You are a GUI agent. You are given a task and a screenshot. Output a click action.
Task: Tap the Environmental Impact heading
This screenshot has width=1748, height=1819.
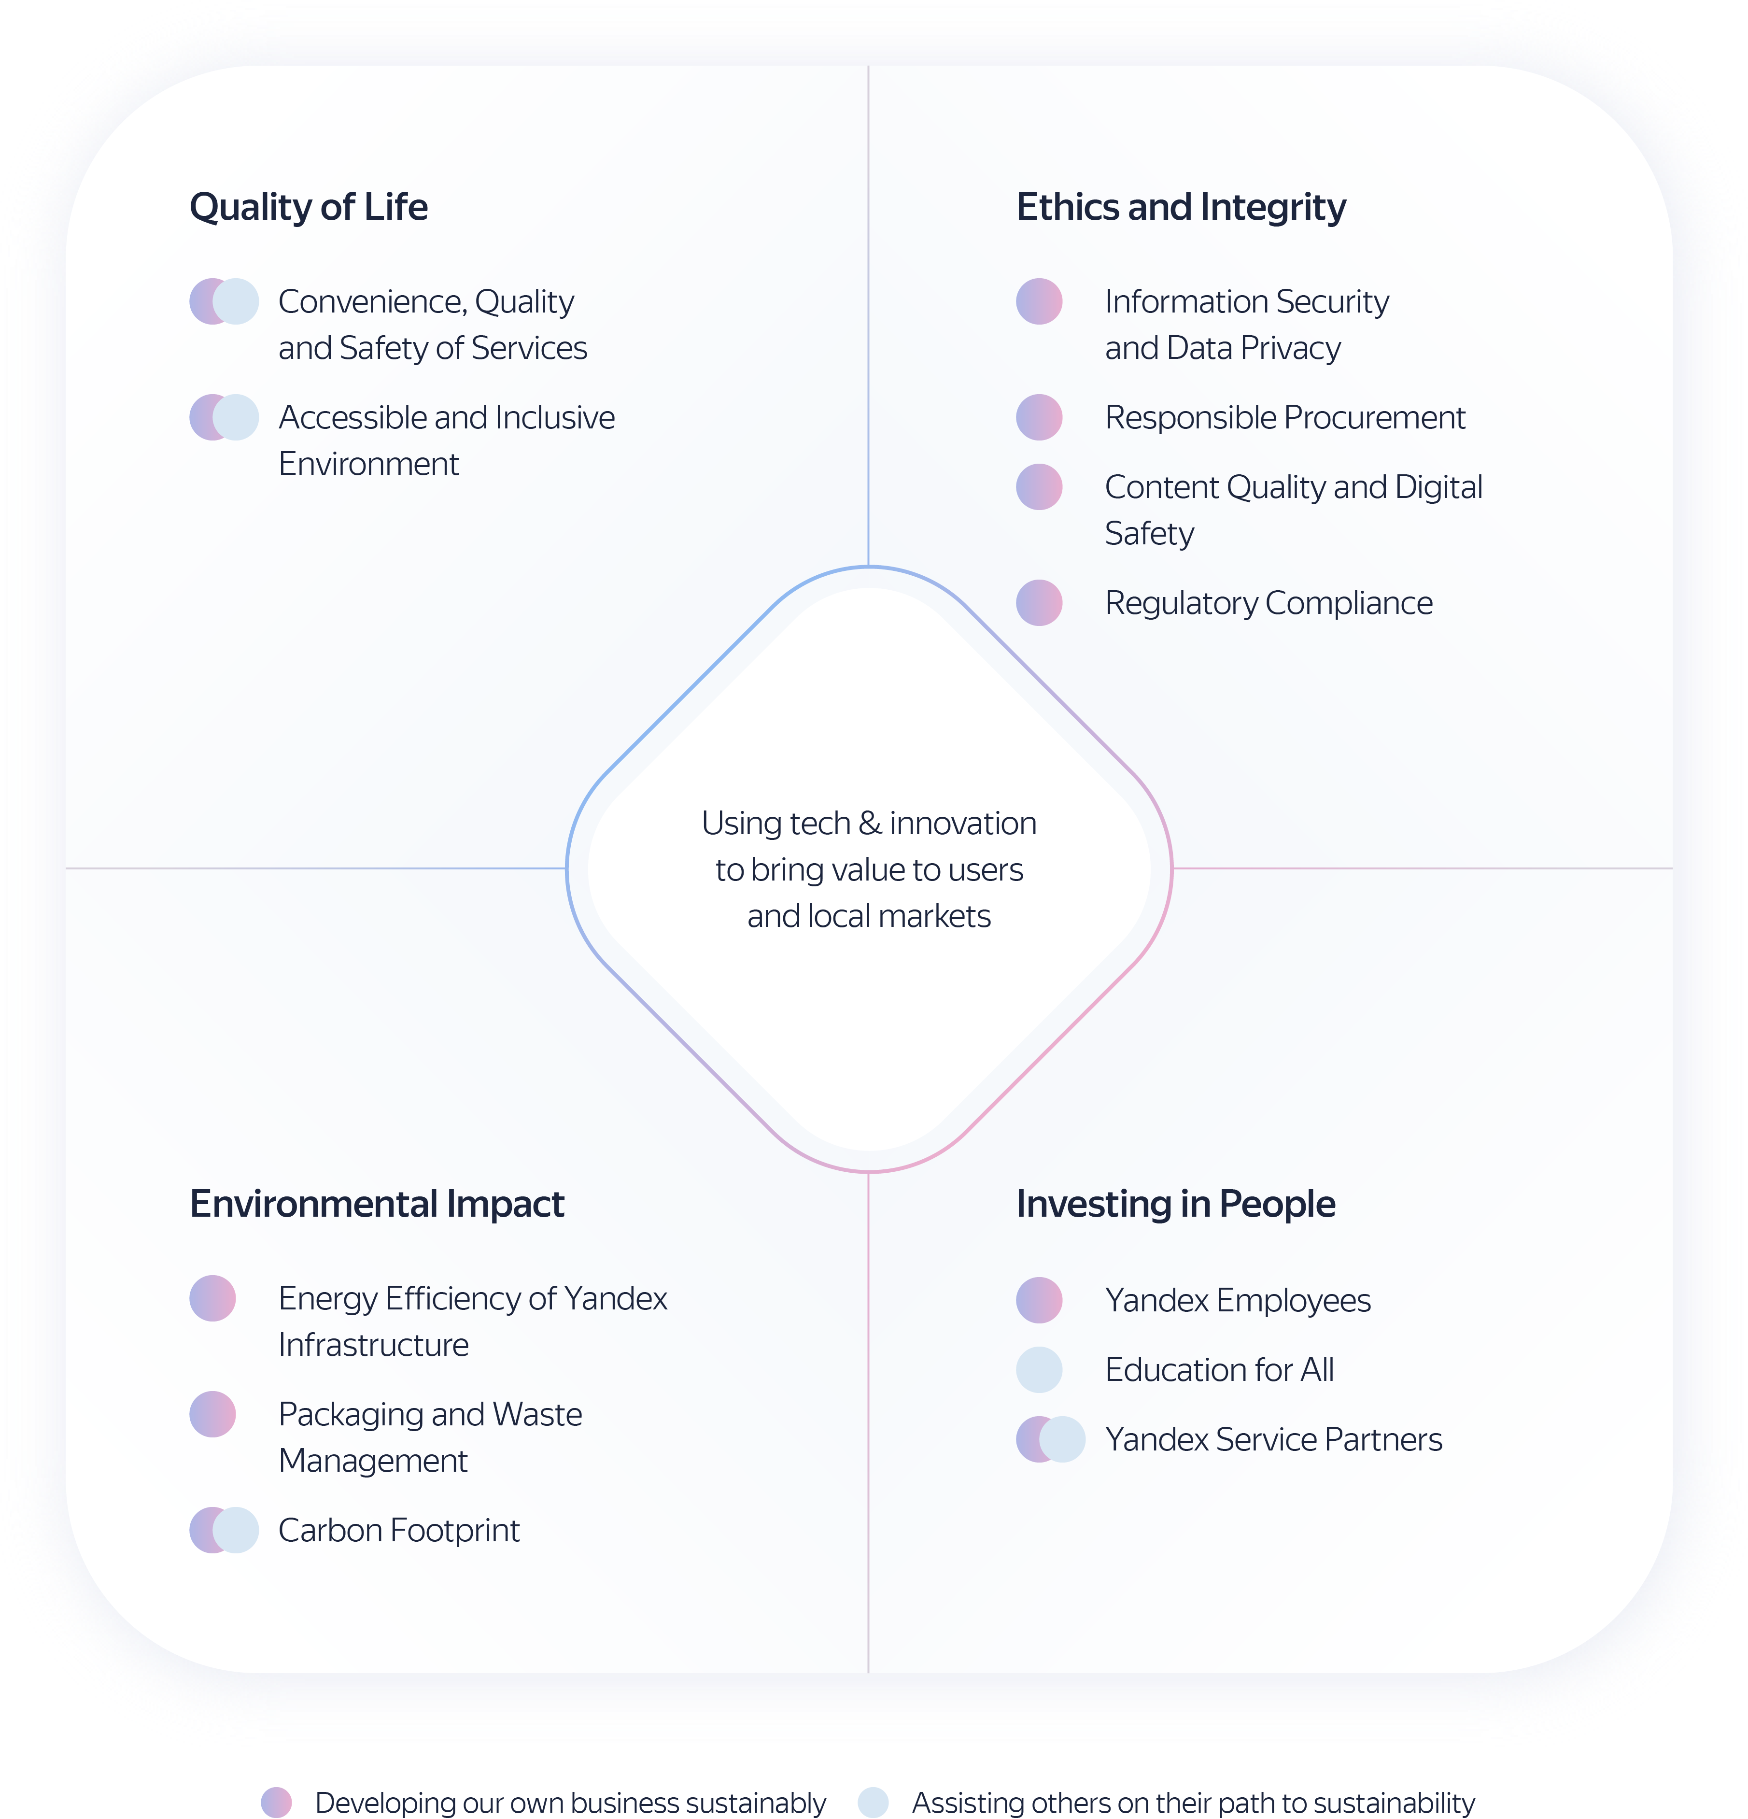377,1204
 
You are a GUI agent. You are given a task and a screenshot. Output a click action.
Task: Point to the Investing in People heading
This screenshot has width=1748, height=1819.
1175,1204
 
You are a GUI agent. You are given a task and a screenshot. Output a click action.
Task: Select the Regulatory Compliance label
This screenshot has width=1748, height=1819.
1269,603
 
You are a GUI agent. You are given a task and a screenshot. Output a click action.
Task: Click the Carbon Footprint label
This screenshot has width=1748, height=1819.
399,1530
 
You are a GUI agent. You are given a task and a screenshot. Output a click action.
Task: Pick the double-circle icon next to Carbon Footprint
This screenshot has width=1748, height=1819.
224,1530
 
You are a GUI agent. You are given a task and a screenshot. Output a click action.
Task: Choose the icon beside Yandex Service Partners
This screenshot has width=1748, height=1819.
1050,1439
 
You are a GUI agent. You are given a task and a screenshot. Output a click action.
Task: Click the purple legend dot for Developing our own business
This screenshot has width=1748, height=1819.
277,1802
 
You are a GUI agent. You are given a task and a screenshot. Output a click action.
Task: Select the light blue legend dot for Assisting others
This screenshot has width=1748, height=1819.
873,1802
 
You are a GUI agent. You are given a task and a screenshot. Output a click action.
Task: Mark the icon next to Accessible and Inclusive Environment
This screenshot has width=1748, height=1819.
224,418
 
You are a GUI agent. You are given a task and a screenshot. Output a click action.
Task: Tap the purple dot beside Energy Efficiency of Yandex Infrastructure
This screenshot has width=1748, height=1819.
212,1298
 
